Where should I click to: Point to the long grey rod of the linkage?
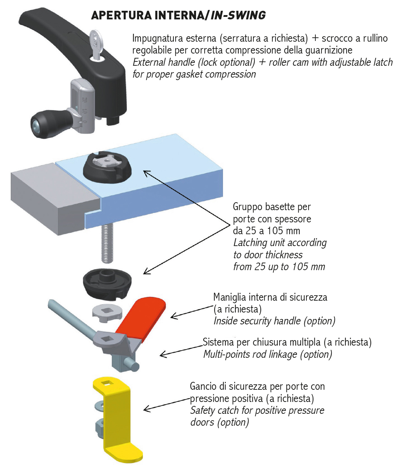click(72, 318)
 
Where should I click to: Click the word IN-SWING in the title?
click(238, 15)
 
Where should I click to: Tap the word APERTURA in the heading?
click(121, 15)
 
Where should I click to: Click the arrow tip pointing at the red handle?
click(171, 316)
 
